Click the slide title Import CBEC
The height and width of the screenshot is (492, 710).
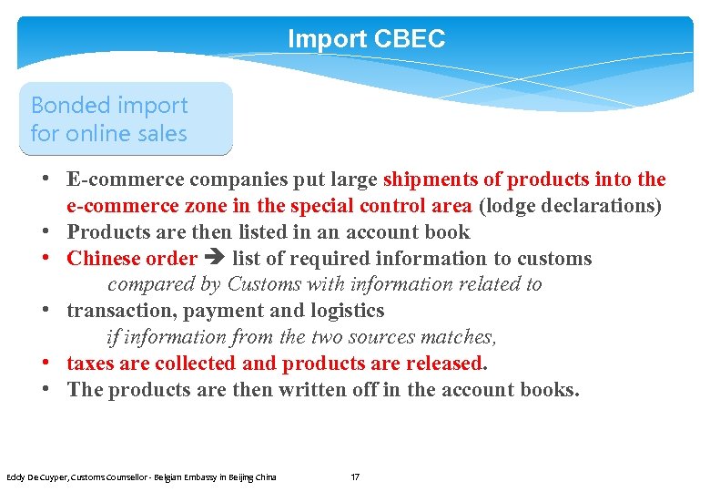(x=366, y=39)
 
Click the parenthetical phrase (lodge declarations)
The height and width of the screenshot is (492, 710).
(x=570, y=206)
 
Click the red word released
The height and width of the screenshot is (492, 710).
(x=441, y=364)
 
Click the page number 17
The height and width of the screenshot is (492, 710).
(x=355, y=477)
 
